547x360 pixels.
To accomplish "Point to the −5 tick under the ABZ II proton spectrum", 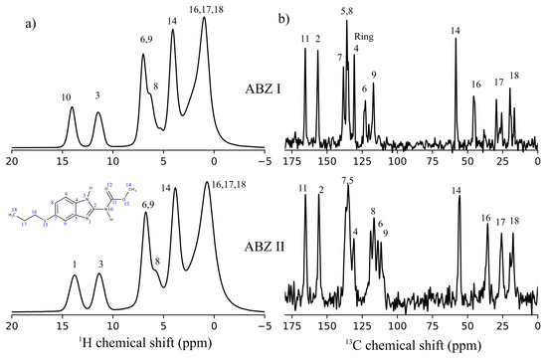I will click(263, 326).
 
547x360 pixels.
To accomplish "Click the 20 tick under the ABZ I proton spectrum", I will click(13, 161).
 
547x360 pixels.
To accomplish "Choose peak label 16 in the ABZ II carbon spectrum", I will click(485, 217).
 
